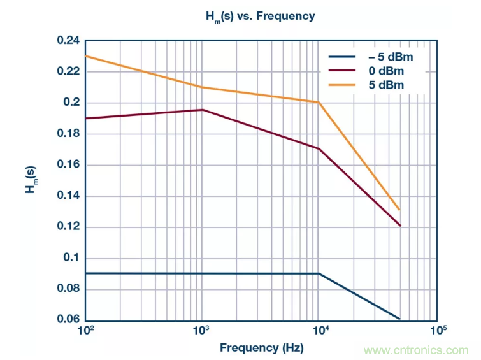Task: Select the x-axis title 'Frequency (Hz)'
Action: [x=261, y=348]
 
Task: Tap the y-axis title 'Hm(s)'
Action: [x=31, y=180]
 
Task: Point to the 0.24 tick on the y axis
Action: [x=68, y=41]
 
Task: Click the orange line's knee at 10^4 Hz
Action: [x=319, y=102]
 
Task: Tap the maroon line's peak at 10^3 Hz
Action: [x=202, y=110]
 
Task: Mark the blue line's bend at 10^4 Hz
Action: [x=319, y=273]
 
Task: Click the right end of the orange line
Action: [x=399, y=210]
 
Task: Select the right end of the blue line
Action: [x=399, y=319]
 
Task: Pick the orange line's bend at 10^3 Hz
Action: [x=202, y=87]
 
